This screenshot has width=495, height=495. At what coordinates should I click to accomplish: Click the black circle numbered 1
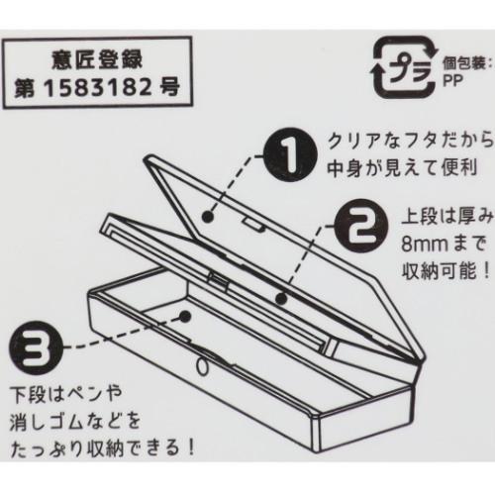[x=290, y=155]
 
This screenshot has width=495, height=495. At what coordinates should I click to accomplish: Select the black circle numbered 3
[x=36, y=346]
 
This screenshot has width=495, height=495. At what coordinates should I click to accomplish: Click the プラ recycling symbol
[x=405, y=67]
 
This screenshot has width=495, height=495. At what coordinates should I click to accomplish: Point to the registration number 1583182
[x=98, y=88]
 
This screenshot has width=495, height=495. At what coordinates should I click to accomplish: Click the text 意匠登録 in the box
[x=97, y=59]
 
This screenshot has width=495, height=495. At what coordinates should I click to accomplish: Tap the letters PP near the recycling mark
[x=452, y=80]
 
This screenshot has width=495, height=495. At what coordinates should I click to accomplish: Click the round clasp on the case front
[x=202, y=365]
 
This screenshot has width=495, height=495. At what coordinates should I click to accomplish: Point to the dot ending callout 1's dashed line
[x=207, y=217]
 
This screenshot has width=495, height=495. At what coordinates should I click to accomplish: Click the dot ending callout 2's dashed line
[x=281, y=299]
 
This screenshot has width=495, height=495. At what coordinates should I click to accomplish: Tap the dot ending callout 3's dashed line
[x=186, y=316]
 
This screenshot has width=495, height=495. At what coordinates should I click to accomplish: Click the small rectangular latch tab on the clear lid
[x=253, y=224]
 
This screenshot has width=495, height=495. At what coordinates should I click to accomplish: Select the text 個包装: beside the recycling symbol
[x=464, y=64]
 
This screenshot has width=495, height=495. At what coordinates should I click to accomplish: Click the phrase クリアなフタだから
[x=410, y=143]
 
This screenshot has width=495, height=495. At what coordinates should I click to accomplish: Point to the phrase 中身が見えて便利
[x=402, y=168]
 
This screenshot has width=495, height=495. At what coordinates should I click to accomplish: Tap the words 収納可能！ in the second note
[x=445, y=271]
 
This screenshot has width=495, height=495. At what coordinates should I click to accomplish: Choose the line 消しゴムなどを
[x=75, y=422]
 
